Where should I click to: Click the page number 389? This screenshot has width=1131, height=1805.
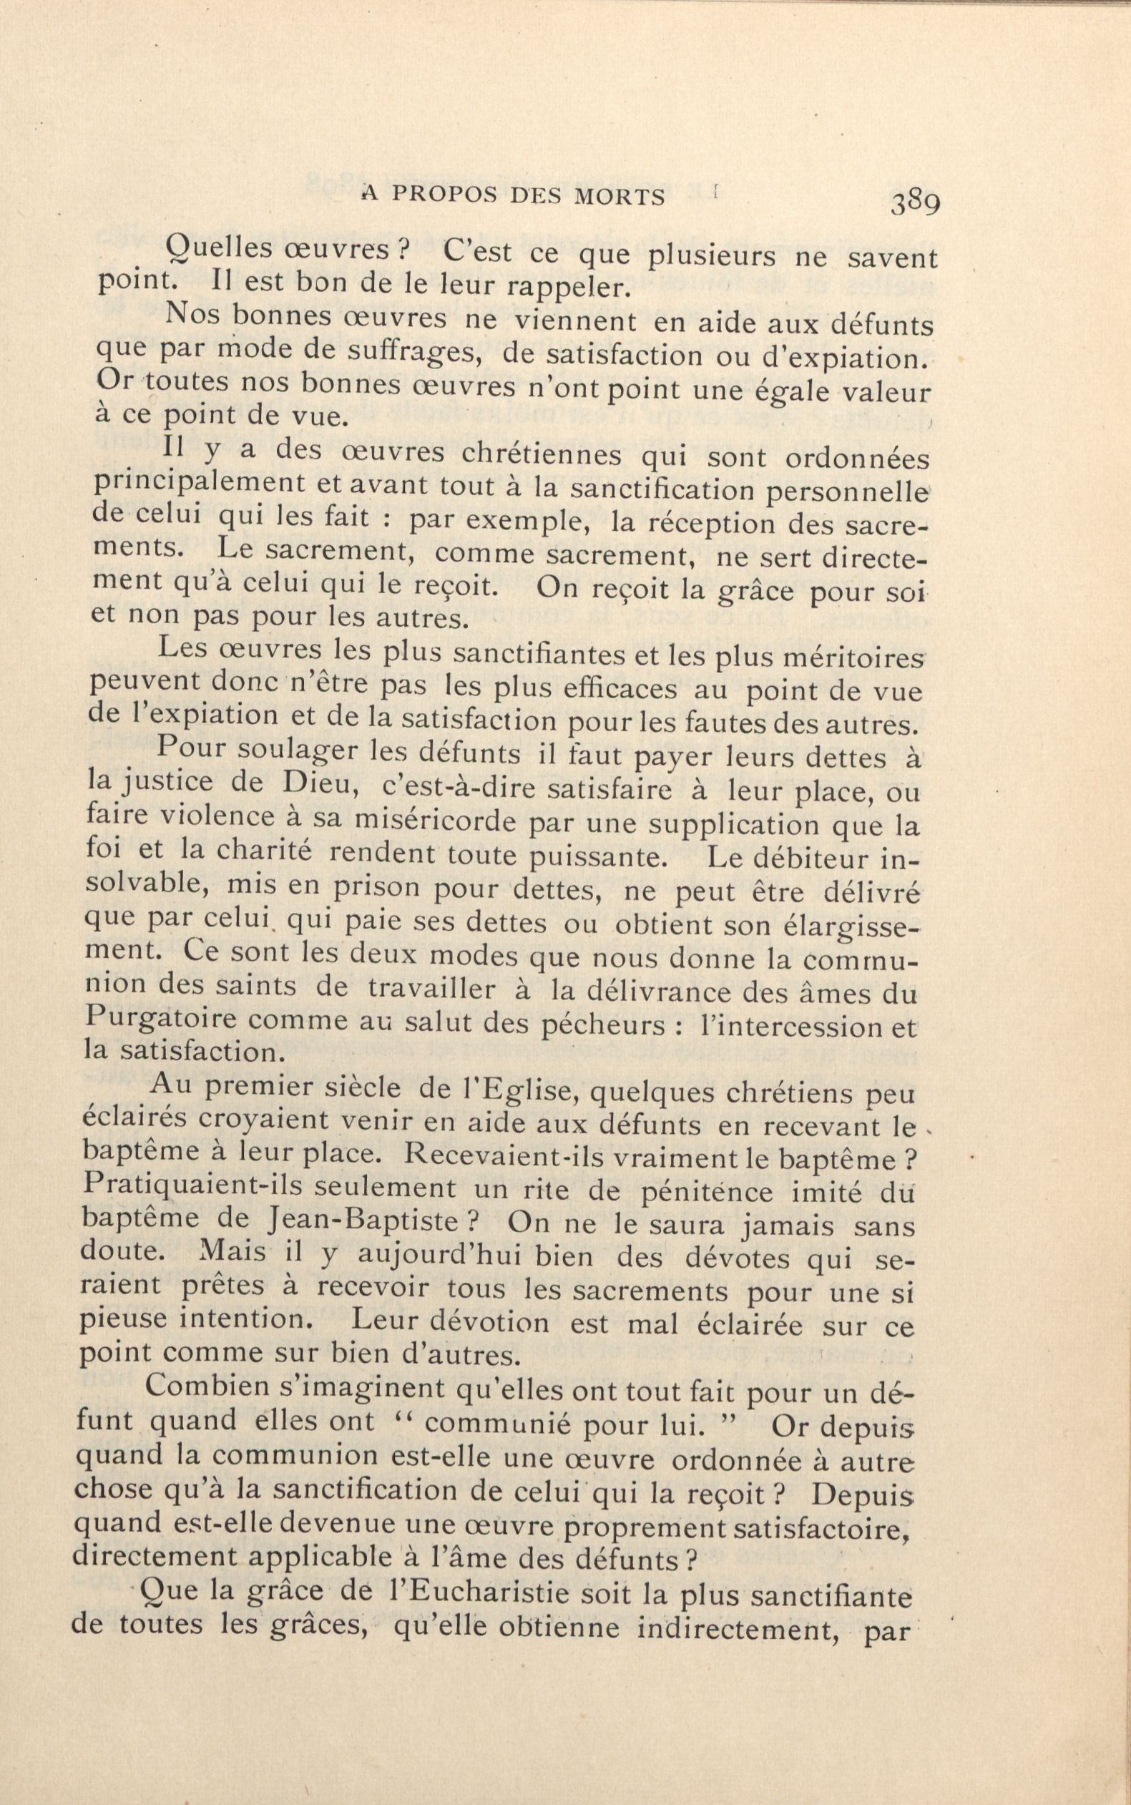point(915,202)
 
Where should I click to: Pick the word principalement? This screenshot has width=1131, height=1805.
point(200,486)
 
